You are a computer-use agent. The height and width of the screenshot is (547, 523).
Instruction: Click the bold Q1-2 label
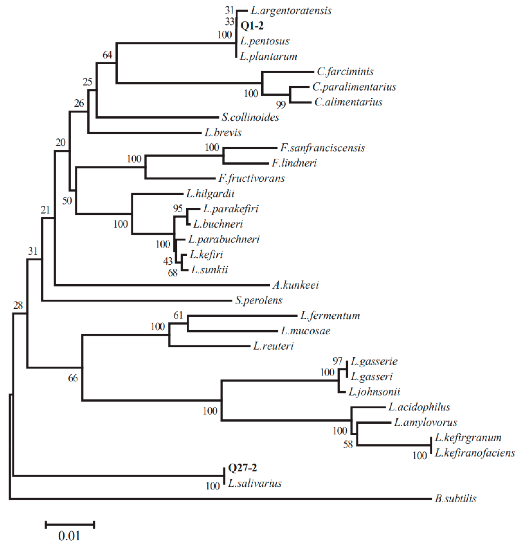point(252,26)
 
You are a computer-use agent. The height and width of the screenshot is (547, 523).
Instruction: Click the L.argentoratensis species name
point(291,11)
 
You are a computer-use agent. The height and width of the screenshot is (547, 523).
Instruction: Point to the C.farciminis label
point(345,72)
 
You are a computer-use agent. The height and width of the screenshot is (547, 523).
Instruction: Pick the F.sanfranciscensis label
point(322,148)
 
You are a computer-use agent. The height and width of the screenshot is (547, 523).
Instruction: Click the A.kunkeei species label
point(295,285)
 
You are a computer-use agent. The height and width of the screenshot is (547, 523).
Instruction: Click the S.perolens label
point(259,300)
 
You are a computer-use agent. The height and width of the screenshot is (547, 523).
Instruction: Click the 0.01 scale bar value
point(69,536)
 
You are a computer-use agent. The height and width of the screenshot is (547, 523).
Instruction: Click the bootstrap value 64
point(107,55)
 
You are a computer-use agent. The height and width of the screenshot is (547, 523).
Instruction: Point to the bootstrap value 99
point(281,105)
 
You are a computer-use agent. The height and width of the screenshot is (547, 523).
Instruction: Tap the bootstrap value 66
point(73,378)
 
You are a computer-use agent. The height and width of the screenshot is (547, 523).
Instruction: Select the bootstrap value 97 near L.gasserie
point(337,361)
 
